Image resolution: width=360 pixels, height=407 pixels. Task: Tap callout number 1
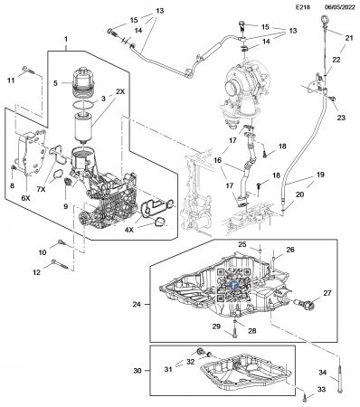(66, 40)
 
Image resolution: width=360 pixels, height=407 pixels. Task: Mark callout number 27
(327, 294)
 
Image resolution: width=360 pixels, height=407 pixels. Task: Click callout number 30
(137, 371)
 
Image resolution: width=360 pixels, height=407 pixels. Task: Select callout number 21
(348, 36)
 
